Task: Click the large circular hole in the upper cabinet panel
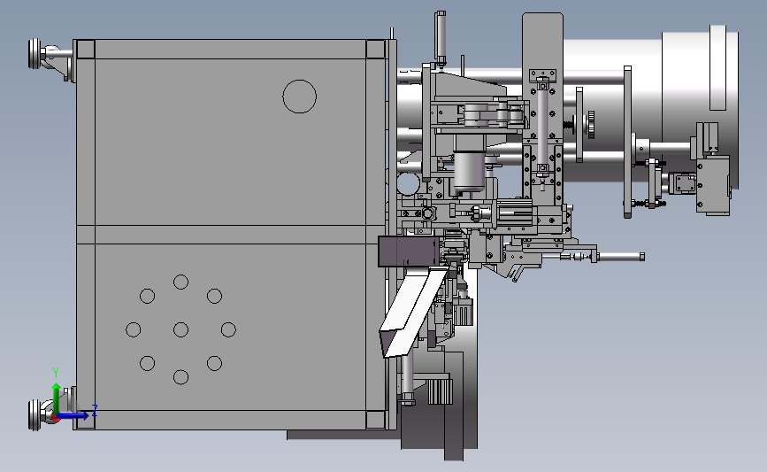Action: pyautogui.click(x=299, y=96)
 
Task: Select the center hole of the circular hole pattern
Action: pyautogui.click(x=180, y=329)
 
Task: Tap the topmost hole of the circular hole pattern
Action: pyautogui.click(x=180, y=282)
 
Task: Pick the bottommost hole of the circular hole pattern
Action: pyautogui.click(x=180, y=377)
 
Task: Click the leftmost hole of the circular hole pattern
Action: pyautogui.click(x=134, y=329)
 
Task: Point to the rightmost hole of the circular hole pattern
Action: pyautogui.click(x=228, y=329)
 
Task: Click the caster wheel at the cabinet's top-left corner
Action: pyautogui.click(x=44, y=57)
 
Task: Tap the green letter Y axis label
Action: pyautogui.click(x=55, y=372)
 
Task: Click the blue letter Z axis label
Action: pyautogui.click(x=94, y=408)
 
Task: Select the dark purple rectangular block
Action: pyautogui.click(x=406, y=251)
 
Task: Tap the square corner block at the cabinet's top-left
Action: pyautogui.click(x=85, y=49)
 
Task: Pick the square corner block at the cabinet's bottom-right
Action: pyautogui.click(x=375, y=420)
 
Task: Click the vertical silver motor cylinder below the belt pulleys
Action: pyautogui.click(x=468, y=172)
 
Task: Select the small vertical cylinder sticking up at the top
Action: pyautogui.click(x=439, y=35)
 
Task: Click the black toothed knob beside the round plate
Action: pyautogui.click(x=589, y=124)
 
